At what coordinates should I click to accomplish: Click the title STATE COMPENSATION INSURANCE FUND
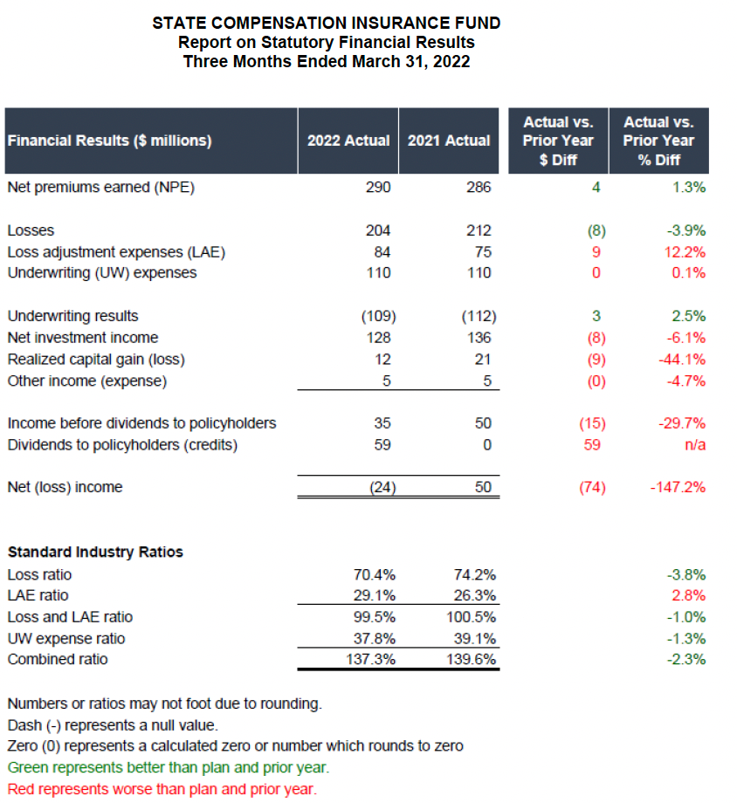pos(326,24)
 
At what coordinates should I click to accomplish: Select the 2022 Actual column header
pos(348,141)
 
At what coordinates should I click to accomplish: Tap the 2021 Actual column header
pos(449,141)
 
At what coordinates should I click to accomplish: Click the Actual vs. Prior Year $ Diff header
pos(558,141)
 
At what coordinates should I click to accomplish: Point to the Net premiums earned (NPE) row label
pos(100,187)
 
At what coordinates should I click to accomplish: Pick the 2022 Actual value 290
pos(378,187)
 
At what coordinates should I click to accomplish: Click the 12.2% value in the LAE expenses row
pos(685,252)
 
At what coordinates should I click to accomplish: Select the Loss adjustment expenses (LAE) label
pos(116,252)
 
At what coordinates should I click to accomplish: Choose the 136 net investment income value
pos(479,337)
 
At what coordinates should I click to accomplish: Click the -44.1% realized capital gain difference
pos(684,359)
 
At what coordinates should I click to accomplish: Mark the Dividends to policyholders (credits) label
pos(122,444)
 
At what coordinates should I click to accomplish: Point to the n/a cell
pos(696,444)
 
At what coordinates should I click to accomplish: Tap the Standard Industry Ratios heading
pos(95,552)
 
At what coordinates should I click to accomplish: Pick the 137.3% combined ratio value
pos(373,659)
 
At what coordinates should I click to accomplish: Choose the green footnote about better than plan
pos(168,768)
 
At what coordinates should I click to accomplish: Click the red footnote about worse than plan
pos(162,789)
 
